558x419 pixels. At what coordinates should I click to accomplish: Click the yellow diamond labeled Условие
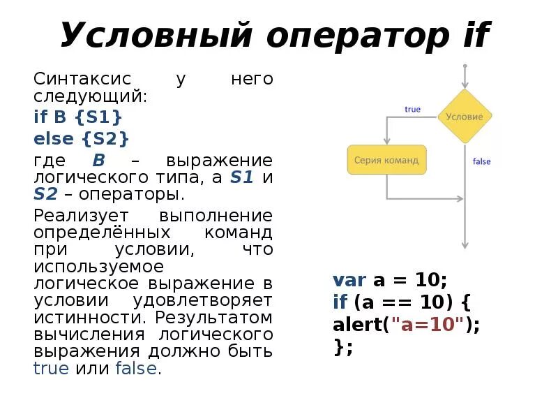pyautogui.click(x=465, y=117)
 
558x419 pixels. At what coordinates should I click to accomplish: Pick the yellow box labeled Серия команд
pyautogui.click(x=386, y=160)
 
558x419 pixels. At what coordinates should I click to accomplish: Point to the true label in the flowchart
pyautogui.click(x=412, y=109)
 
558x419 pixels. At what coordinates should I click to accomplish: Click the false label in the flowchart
pyautogui.click(x=481, y=161)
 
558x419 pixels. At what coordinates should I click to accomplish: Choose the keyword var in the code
pyautogui.click(x=349, y=281)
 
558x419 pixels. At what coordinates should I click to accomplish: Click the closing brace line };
pyautogui.click(x=342, y=347)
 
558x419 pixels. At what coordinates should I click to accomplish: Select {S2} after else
pyautogui.click(x=105, y=138)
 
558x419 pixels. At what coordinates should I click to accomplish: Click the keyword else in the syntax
pyautogui.click(x=54, y=138)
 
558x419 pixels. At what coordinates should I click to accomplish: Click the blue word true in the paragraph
pyautogui.click(x=51, y=369)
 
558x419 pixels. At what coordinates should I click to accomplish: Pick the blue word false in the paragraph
pyautogui.click(x=136, y=369)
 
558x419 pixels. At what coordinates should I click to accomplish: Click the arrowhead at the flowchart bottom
pyautogui.click(x=465, y=245)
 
